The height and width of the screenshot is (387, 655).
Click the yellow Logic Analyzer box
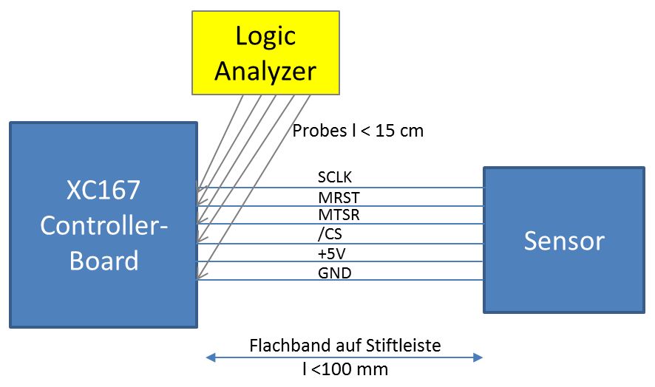click(265, 52)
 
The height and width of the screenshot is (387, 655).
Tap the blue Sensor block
click(564, 240)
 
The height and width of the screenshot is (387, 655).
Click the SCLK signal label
click(336, 178)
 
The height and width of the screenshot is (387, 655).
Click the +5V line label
click(330, 254)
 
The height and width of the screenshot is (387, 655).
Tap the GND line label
click(334, 273)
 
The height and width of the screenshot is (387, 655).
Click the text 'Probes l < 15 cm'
click(358, 131)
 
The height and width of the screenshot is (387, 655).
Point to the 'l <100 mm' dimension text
click(345, 369)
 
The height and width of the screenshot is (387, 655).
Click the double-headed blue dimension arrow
click(345, 357)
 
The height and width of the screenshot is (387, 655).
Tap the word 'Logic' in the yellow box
click(265, 35)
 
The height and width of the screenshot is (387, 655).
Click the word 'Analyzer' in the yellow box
click(265, 70)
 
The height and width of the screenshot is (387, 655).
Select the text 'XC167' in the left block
click(103, 191)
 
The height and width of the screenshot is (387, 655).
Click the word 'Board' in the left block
click(103, 260)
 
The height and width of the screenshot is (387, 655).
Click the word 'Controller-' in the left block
click(103, 225)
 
